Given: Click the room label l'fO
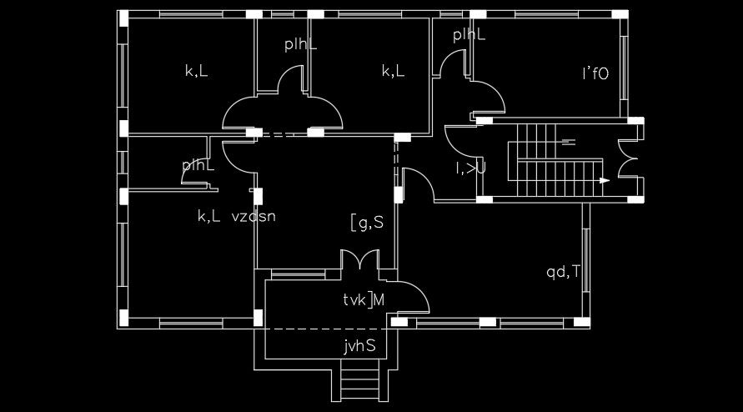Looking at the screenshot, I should coord(595,73).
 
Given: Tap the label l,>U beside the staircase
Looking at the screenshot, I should coord(470,168).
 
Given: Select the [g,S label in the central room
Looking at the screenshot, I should coord(367,223).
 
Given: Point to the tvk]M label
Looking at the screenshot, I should coord(364,300).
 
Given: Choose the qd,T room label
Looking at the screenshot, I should coord(564,271).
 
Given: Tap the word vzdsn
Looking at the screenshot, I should coord(254,217).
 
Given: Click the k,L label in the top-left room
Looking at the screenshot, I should coord(197,72).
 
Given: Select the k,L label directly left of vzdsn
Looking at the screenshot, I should coord(208,217).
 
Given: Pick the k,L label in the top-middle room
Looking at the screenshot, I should coord(394,72).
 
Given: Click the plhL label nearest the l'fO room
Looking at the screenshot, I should coord(469,35).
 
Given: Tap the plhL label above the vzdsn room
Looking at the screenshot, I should coord(198,166).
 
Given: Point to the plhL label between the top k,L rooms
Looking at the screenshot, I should coord(300,45).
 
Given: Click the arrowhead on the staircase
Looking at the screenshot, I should coord(604,180).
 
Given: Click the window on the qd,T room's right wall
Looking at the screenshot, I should coord(586,259).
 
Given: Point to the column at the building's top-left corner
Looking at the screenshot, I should coord(123,16).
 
